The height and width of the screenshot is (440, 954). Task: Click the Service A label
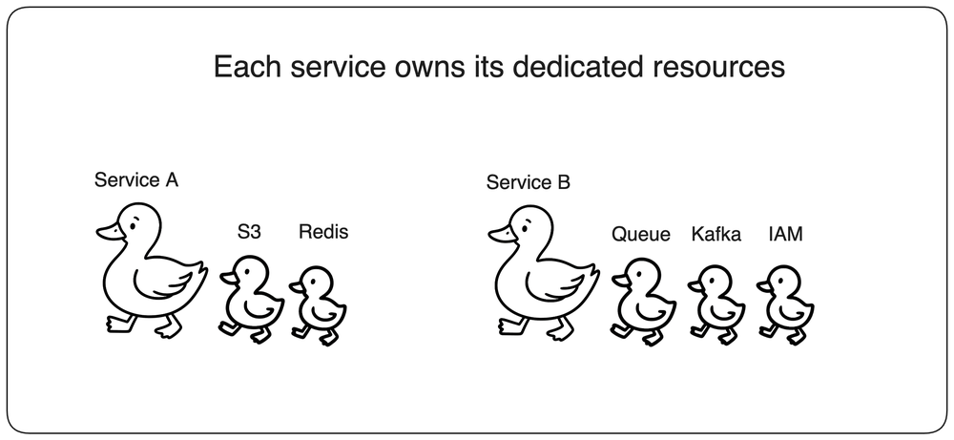pyautogui.click(x=136, y=180)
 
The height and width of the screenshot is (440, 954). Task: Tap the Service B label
pyautogui.click(x=529, y=182)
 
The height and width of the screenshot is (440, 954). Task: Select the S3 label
pyautogui.click(x=249, y=232)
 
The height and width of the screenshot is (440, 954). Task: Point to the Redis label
pyautogui.click(x=323, y=232)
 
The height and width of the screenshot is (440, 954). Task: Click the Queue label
pyautogui.click(x=641, y=234)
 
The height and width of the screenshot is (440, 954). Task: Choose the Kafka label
pyautogui.click(x=716, y=234)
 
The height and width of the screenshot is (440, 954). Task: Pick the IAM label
pyautogui.click(x=785, y=234)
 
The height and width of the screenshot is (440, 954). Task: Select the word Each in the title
pyautogui.click(x=247, y=67)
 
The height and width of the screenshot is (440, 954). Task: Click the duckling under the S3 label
pyautogui.click(x=251, y=299)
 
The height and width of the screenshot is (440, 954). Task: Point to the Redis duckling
pyautogui.click(x=319, y=305)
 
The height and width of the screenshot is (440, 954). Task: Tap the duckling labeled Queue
pyautogui.click(x=643, y=302)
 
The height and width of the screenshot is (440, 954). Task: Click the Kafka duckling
pyautogui.click(x=717, y=305)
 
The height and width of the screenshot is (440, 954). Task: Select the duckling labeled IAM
pyautogui.click(x=786, y=305)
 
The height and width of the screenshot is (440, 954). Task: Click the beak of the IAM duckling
pyautogui.click(x=764, y=284)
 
